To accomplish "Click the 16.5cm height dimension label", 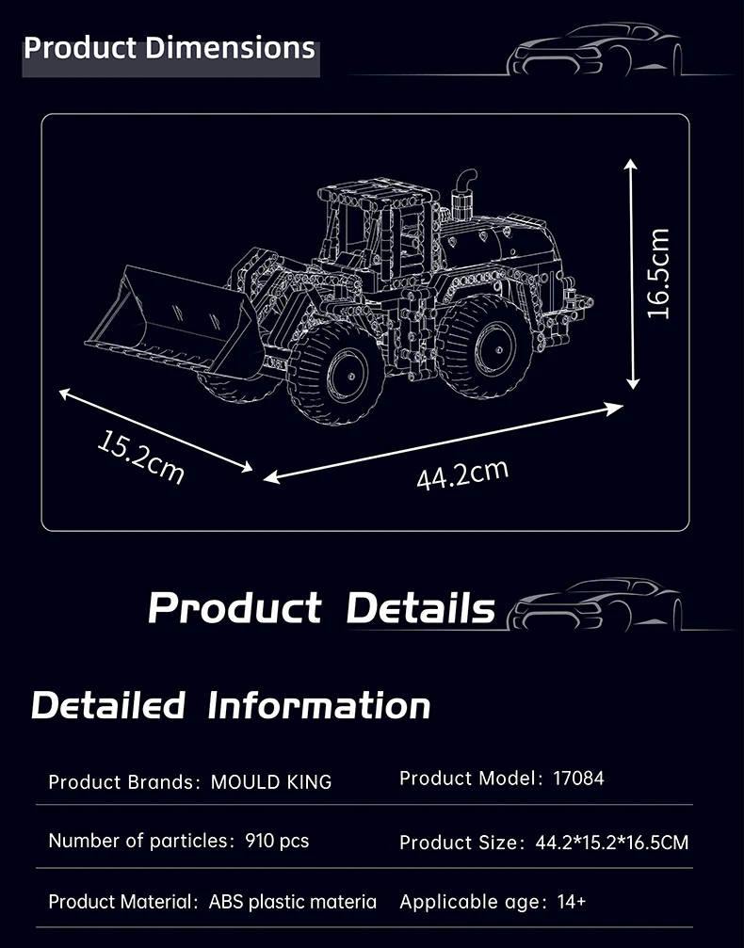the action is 658,273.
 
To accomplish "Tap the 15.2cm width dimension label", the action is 141,458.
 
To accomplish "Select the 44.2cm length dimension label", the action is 462,474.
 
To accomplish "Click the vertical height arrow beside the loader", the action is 632,274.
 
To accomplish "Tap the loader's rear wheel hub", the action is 495,349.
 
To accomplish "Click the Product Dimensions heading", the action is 170,48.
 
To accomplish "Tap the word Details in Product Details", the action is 421,607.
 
